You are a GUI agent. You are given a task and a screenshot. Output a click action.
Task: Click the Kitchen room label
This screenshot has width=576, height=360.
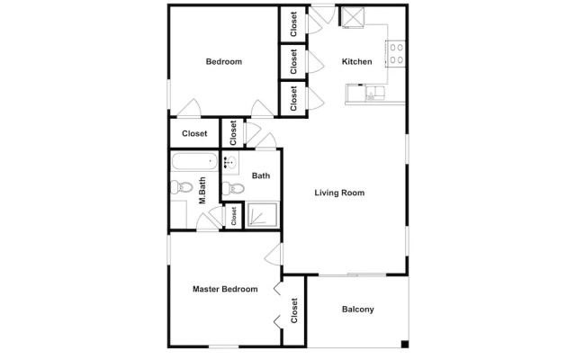click(356, 61)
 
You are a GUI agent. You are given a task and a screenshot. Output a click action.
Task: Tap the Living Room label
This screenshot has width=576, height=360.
click(339, 193)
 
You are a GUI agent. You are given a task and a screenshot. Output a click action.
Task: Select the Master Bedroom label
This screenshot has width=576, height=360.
click(225, 289)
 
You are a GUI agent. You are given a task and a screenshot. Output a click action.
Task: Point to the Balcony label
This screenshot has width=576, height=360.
click(358, 310)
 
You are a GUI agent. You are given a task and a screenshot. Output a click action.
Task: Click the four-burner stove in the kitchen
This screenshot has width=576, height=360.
click(396, 54)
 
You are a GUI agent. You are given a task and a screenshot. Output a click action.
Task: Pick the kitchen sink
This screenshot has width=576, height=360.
click(374, 92)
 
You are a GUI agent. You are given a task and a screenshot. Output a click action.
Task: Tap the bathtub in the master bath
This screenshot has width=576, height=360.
click(194, 161)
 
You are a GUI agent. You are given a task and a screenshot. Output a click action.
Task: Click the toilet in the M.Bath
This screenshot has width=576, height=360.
click(182, 187)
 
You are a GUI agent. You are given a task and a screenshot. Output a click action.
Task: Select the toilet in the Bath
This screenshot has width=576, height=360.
click(233, 189)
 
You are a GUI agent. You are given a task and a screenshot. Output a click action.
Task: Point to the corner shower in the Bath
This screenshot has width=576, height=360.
click(262, 214)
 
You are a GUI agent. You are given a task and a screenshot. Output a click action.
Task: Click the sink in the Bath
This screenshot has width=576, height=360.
click(230, 162)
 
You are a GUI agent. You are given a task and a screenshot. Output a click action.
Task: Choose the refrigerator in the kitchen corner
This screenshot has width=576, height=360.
click(353, 16)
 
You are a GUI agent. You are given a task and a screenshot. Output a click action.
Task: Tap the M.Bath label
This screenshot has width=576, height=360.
click(202, 191)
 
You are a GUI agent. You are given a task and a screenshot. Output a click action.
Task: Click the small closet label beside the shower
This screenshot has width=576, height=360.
click(234, 216)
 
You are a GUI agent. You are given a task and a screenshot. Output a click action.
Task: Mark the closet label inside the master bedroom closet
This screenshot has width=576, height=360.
click(294, 310)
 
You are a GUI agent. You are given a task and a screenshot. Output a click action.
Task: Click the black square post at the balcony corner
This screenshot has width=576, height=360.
click(404, 344)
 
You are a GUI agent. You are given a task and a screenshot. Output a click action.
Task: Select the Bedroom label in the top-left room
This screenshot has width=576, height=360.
click(224, 61)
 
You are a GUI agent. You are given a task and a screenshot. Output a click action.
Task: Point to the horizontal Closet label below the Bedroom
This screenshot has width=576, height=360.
click(194, 134)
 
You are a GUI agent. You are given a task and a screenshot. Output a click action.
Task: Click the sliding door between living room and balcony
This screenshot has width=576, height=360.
click(352, 274)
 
